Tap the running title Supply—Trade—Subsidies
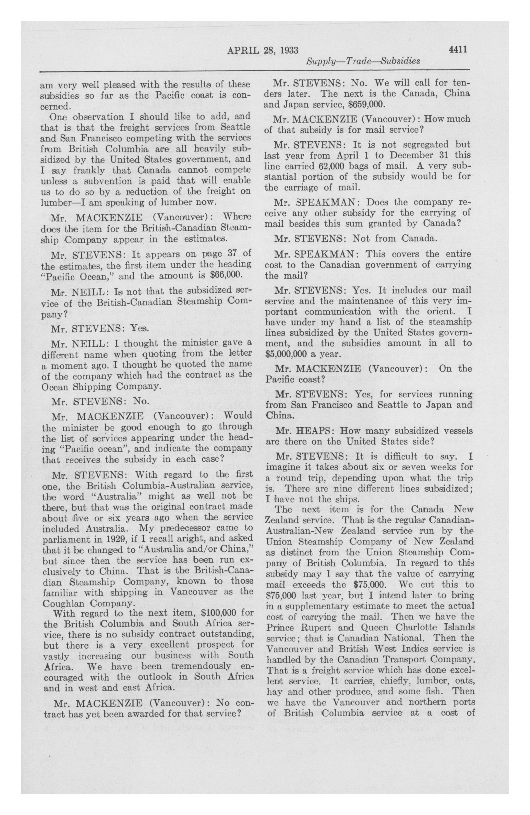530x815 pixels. coord(363,62)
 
